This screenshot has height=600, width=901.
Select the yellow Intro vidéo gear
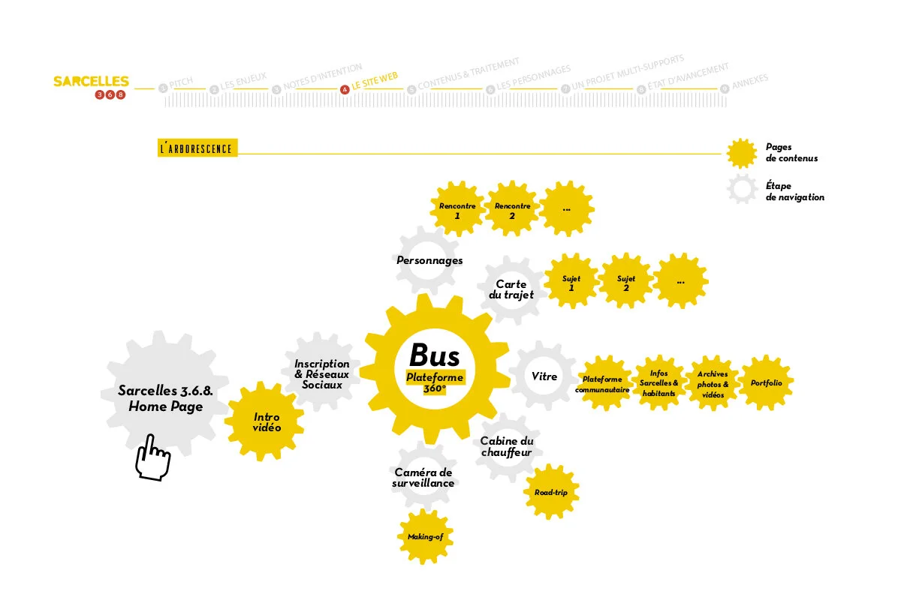point(266,422)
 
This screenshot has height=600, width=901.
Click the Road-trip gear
point(551,493)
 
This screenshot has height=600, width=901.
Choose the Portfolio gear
point(766,383)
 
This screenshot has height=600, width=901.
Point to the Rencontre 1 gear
point(457,209)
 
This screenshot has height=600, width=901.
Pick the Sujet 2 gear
point(626,283)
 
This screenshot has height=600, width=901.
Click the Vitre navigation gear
point(544,376)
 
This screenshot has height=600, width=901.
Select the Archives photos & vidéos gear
point(712,383)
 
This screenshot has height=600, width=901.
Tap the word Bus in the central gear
point(434,355)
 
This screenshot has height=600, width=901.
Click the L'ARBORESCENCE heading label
point(197,148)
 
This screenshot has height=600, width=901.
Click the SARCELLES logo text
point(91,81)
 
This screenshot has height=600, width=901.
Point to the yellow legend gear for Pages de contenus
point(742,153)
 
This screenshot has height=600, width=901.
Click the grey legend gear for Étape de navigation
point(742,190)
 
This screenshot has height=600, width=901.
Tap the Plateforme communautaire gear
point(602,384)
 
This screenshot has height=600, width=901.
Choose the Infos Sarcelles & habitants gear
point(658,383)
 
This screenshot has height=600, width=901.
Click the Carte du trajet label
point(511,289)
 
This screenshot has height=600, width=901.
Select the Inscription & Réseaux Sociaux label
point(321,373)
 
